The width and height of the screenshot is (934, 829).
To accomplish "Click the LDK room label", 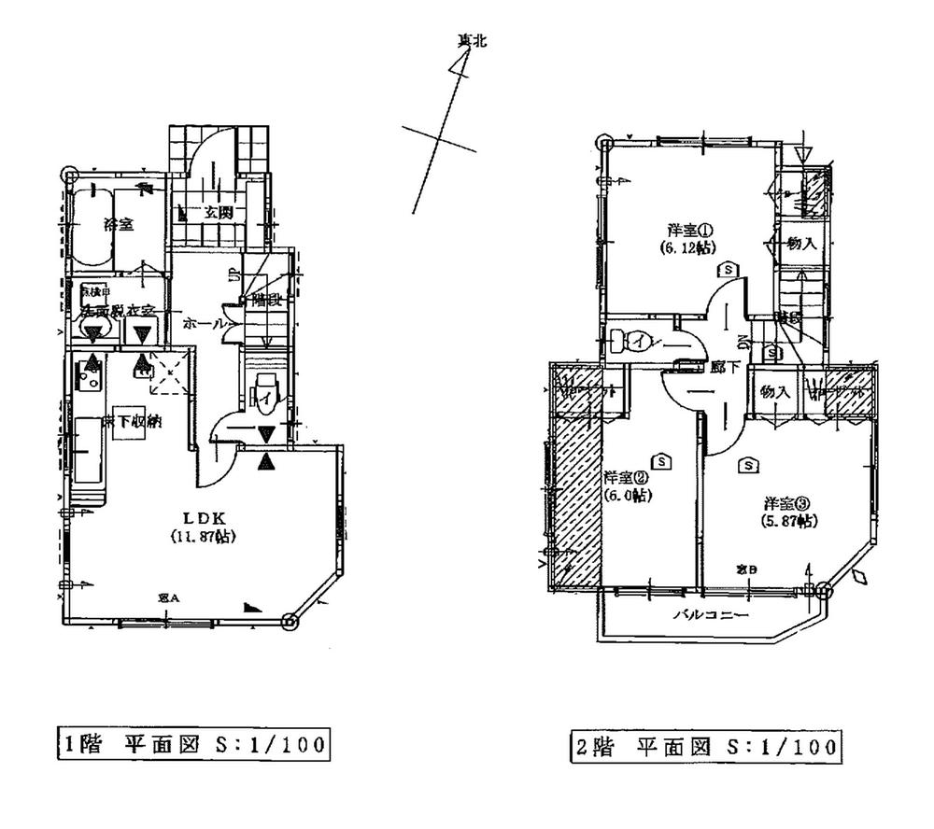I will pyautogui.click(x=202, y=516).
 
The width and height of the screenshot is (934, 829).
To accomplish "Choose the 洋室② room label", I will pyautogui.click(x=627, y=476).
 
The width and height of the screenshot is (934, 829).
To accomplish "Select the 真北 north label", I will pyautogui.click(x=472, y=40).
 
